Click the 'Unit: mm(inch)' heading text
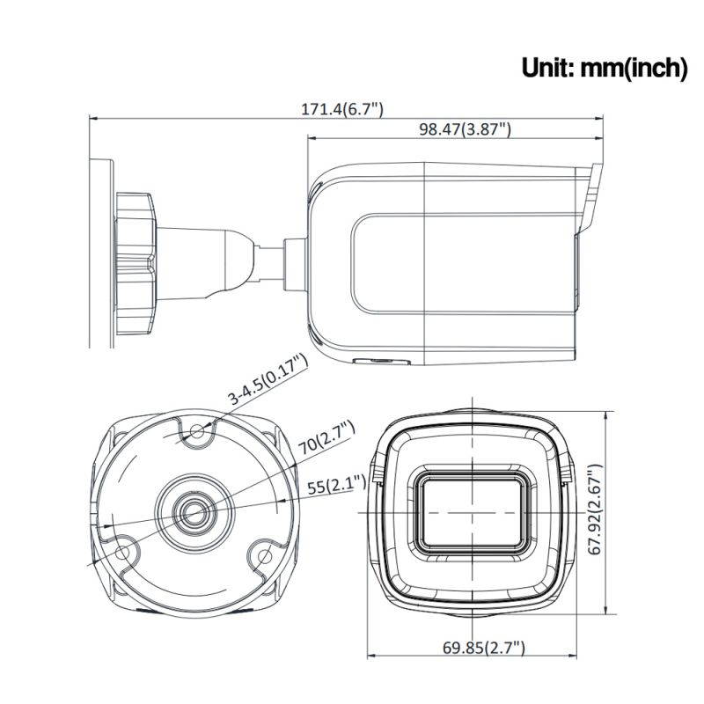(604, 68)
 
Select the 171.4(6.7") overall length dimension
(342, 109)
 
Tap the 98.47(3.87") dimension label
(466, 129)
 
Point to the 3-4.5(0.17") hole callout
(268, 378)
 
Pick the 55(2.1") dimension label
(337, 486)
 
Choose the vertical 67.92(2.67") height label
(595, 510)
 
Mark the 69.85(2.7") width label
(483, 648)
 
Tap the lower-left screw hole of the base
(122, 553)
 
